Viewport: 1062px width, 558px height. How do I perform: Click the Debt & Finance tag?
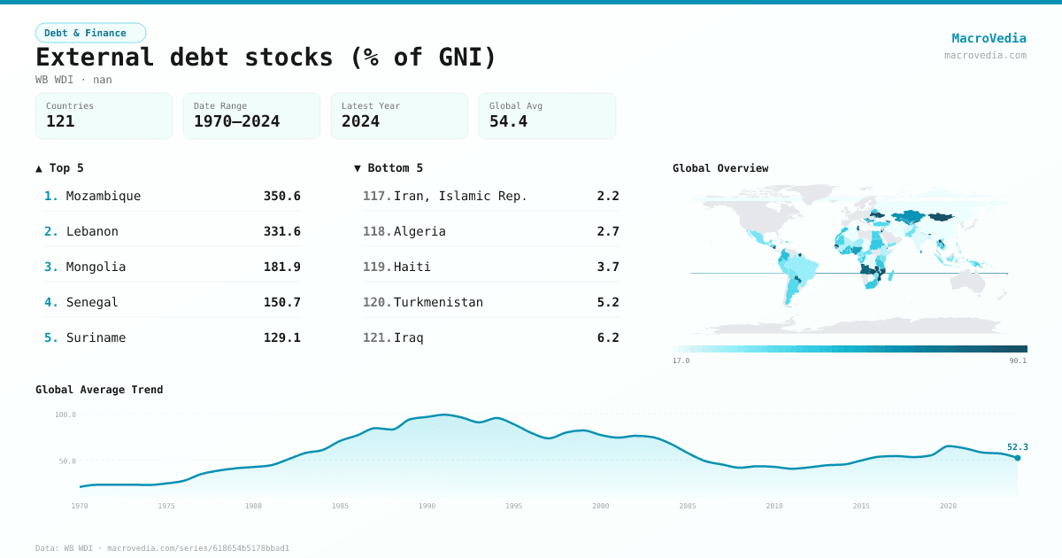click(90, 33)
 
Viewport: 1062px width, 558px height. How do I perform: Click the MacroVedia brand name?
click(989, 38)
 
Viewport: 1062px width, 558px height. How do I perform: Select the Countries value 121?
click(60, 121)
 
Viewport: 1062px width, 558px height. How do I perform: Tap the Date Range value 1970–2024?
click(236, 121)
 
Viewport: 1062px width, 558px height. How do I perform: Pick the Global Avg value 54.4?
click(508, 121)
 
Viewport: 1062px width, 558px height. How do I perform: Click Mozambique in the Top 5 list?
click(104, 196)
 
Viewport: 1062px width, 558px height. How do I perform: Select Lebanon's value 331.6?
click(281, 231)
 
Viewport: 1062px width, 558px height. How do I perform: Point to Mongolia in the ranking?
click(96, 267)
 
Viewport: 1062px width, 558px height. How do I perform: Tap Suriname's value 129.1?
click(281, 337)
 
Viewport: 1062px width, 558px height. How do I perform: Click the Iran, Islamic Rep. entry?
click(460, 196)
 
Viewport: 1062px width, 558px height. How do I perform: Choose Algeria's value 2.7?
click(608, 231)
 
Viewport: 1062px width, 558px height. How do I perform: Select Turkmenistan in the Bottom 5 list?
click(438, 302)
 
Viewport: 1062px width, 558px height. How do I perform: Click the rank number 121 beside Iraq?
click(376, 337)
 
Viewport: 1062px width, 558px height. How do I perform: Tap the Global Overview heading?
click(720, 168)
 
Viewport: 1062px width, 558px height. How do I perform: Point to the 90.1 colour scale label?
click(1018, 360)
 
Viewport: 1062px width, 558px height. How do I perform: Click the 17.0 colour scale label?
click(681, 360)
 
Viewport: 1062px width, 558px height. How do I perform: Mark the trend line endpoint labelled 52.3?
click(1018, 457)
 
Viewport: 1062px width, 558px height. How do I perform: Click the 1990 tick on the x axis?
click(427, 506)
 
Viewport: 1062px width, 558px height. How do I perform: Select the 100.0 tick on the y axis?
click(65, 415)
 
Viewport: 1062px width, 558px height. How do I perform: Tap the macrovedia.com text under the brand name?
click(985, 55)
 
